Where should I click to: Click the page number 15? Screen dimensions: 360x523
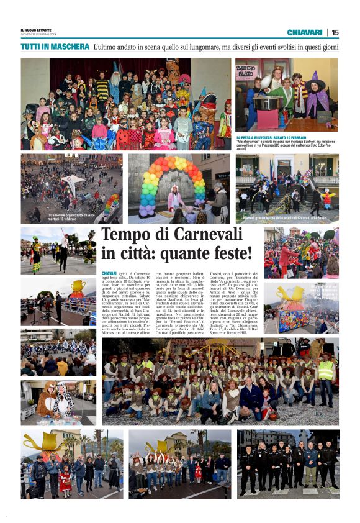335,32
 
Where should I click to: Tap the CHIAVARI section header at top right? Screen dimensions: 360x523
304,32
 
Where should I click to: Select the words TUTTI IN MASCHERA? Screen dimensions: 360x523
55,47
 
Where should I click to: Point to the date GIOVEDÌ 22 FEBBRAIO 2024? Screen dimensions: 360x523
39,34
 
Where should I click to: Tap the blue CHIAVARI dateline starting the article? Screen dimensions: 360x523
109,273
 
